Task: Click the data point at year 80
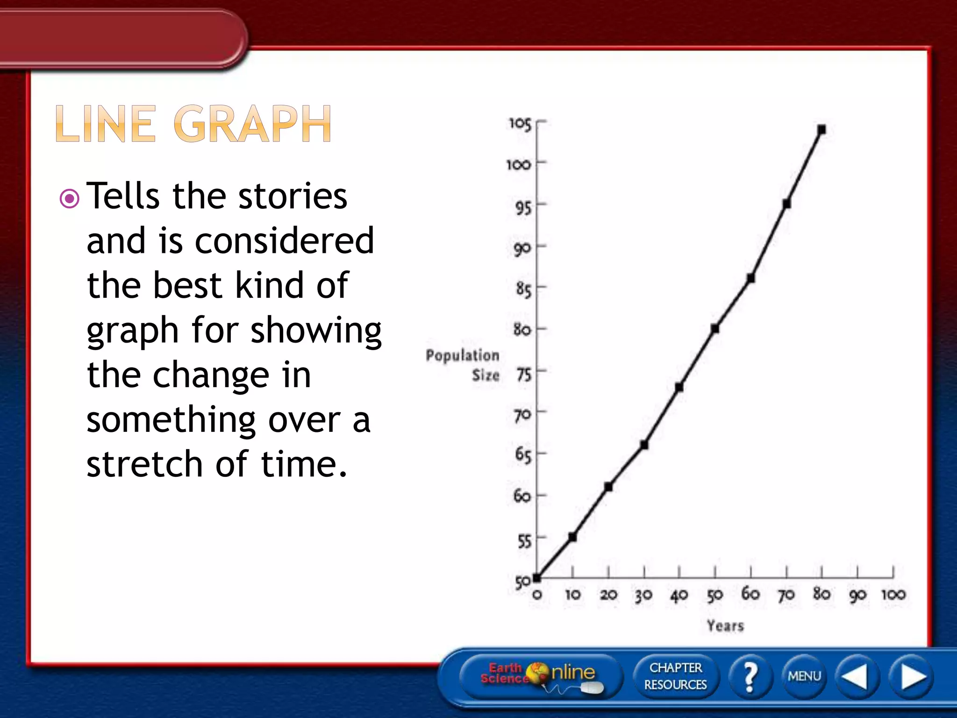tap(822, 129)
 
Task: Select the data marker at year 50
tap(715, 329)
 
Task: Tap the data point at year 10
tap(572, 537)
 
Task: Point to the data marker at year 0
tap(537, 578)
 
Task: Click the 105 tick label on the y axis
tap(520, 124)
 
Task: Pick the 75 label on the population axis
tap(524, 374)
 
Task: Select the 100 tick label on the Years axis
tap(893, 595)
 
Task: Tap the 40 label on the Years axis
tap(679, 595)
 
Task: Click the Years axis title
tap(725, 625)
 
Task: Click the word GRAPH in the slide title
tap(252, 124)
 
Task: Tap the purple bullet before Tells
tap(70, 199)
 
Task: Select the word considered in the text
tap(284, 241)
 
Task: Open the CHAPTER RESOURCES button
tap(675, 676)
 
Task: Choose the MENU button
tap(804, 676)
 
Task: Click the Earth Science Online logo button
tap(540, 676)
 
